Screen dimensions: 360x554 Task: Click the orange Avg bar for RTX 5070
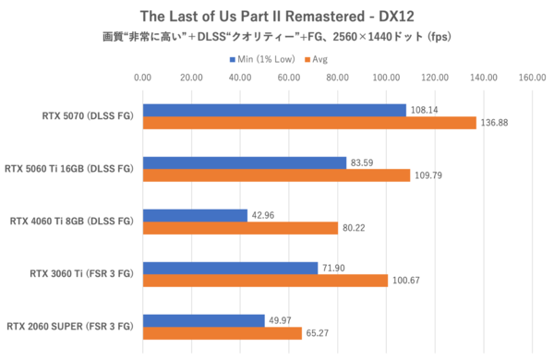pyautogui.click(x=308, y=123)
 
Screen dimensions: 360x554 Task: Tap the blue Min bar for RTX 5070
pyautogui.click(x=273, y=110)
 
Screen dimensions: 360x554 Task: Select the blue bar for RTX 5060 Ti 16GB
pyautogui.click(x=244, y=162)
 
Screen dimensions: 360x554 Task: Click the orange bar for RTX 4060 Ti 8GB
pyautogui.click(x=239, y=228)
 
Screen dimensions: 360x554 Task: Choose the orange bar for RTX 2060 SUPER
pyautogui.click(x=222, y=333)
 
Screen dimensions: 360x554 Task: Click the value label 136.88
pyautogui.click(x=497, y=123)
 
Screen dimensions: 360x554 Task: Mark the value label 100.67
pyautogui.click(x=408, y=281)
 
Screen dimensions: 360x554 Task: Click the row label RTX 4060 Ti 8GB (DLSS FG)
pyautogui.click(x=70, y=222)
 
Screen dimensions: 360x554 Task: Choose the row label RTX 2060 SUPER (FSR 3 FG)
pyautogui.click(x=69, y=327)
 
